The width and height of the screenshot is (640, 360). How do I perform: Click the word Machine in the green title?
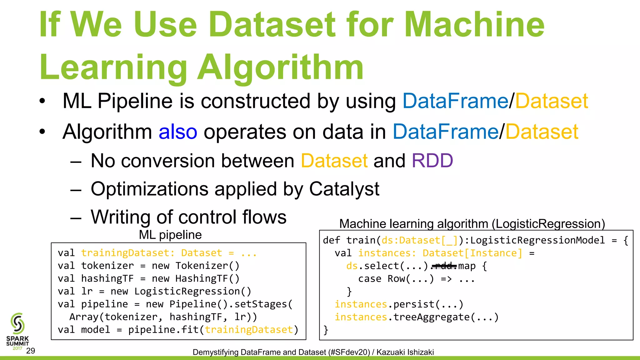point(474,24)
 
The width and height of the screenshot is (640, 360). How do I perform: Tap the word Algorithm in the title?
point(281,67)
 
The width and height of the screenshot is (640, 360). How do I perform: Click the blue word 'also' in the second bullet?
point(178,132)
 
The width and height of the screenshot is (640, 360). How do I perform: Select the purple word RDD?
point(432,161)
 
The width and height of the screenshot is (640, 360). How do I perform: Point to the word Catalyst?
point(344,189)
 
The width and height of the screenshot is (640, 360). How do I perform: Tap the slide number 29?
point(31,351)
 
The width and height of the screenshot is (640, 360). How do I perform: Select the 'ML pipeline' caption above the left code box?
point(170,235)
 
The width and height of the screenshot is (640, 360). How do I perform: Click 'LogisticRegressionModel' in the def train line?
point(537,240)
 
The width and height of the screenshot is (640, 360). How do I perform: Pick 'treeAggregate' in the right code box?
point(432,317)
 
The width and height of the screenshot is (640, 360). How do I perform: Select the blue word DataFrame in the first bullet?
point(455,101)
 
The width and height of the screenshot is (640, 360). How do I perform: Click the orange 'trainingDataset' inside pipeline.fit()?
point(249,330)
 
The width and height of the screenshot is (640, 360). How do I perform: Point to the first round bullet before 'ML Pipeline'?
point(42,101)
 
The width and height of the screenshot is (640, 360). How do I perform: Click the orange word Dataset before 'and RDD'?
point(334,161)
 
